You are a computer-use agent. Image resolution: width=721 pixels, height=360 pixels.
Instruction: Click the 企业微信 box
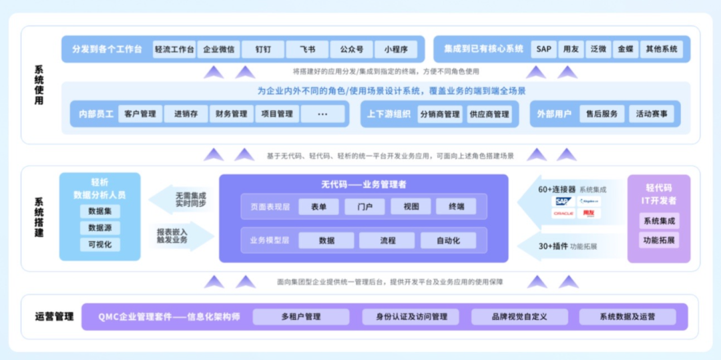(x=218, y=49)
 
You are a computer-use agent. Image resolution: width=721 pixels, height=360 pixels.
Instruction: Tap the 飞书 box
(x=307, y=49)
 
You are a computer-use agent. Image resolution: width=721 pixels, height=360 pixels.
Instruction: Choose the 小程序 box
(x=396, y=49)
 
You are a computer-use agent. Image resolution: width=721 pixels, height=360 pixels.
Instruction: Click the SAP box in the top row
(x=544, y=49)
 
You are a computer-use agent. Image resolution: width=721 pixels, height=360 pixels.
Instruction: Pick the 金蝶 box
(x=625, y=49)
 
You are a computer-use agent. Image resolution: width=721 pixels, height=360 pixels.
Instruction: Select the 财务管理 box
(x=231, y=114)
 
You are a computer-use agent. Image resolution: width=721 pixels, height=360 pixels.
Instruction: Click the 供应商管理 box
(x=489, y=114)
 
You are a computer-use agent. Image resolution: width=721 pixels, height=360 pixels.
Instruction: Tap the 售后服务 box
(x=602, y=114)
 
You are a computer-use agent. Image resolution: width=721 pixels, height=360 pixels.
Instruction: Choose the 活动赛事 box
(x=652, y=114)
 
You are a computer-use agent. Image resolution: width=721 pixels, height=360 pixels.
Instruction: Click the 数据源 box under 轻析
(x=100, y=228)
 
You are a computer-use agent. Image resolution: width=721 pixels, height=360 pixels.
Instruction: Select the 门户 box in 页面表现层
(x=365, y=207)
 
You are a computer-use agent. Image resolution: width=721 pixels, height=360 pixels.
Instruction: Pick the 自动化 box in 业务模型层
(x=448, y=240)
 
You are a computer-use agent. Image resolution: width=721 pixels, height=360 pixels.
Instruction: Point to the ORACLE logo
(x=563, y=214)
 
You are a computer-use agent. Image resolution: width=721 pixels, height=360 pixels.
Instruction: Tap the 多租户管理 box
(x=301, y=317)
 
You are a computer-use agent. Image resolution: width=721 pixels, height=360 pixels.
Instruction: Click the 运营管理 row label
(x=54, y=317)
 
